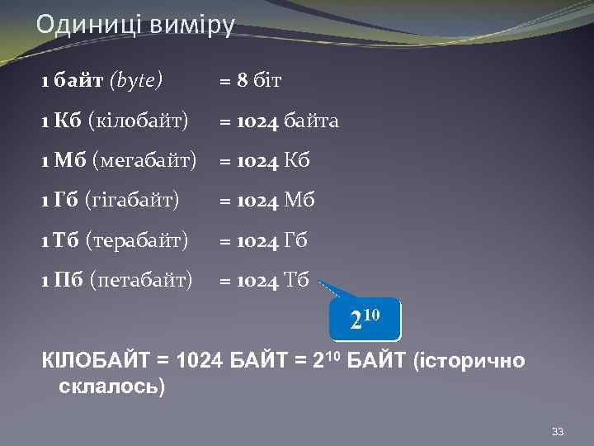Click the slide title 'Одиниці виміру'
[x=135, y=24]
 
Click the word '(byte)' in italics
[x=136, y=81]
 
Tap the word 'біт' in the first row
[x=267, y=81]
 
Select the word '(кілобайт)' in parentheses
[x=138, y=121]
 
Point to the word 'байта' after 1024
[x=311, y=121]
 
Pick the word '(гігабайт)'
[x=131, y=201]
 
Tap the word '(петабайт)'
[x=140, y=281]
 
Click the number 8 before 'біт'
[x=243, y=81]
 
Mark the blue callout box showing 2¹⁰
[x=364, y=320]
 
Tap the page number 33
[x=558, y=433]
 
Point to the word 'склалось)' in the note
[x=112, y=386]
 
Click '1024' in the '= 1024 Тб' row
[x=257, y=281]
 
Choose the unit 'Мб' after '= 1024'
[x=299, y=201]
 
